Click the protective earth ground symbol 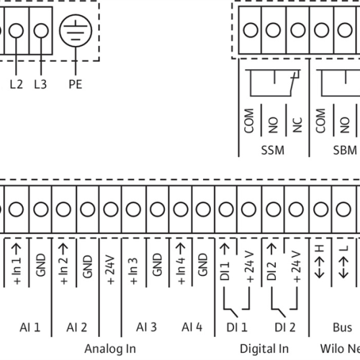pos(76,31)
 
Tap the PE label pos(76,84)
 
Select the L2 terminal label pos(17,84)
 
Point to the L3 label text pos(40,84)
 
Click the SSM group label pos(273,150)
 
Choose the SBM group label pos(345,150)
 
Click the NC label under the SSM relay pos(297,125)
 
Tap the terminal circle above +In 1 pos(16,209)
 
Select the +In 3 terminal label pos(134,271)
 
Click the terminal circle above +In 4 pos(181,209)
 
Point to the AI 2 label pos(76,328)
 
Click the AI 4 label pos(192,328)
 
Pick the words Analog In pos(110,349)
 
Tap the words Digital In pos(264,349)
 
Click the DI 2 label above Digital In pos(285,328)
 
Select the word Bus pos(343,328)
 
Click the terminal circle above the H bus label pos(321,209)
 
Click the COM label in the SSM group pos(249,121)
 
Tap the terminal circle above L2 pos(16,31)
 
